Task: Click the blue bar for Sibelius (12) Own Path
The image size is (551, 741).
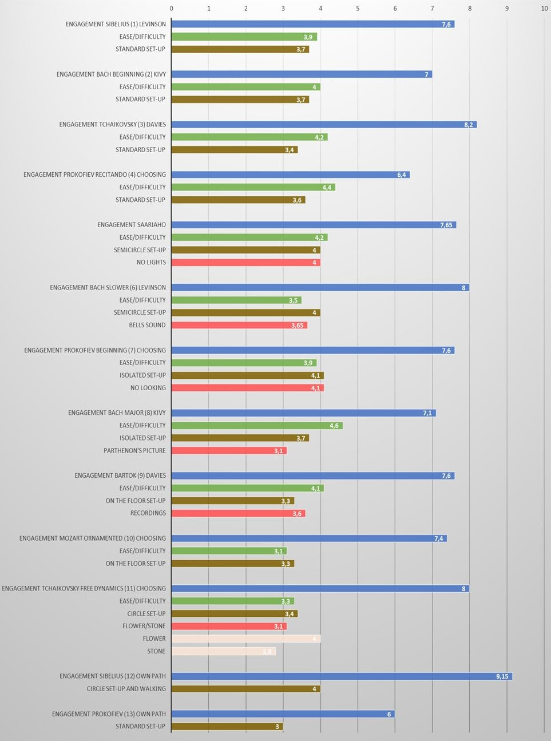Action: point(342,676)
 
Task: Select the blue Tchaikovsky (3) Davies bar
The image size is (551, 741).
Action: point(324,125)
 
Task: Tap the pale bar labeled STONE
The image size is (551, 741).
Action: point(224,651)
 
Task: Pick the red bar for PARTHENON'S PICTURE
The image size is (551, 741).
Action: point(229,451)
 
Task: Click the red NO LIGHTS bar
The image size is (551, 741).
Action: point(246,263)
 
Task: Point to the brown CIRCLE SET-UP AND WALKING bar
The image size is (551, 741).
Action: point(246,689)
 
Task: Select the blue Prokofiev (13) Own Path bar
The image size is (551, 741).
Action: point(283,714)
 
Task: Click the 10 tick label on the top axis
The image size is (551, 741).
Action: point(544,9)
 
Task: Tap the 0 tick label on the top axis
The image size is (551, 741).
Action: point(172,9)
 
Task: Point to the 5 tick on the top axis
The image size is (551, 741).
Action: point(358,9)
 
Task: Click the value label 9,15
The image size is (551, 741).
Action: point(502,676)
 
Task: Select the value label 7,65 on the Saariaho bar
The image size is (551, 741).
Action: point(446,225)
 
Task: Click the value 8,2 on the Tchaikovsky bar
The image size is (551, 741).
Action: point(469,125)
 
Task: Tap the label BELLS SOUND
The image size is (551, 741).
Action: point(147,325)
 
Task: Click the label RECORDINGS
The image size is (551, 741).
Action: point(148,513)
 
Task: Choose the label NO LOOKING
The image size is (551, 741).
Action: point(148,388)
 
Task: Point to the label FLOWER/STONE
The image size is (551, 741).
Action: point(144,626)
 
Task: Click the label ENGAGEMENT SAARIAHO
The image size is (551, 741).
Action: point(132,225)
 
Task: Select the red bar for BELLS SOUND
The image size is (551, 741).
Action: point(239,325)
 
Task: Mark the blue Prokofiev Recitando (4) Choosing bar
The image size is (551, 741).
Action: point(290,175)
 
